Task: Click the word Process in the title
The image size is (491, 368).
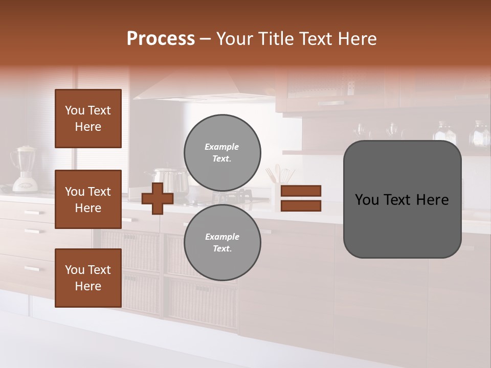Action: [161, 39]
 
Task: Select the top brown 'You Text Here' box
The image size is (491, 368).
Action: [88, 119]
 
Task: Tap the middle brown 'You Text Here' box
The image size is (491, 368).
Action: [88, 199]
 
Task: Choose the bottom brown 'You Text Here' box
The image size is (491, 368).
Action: [88, 278]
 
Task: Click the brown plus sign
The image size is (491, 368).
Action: [157, 198]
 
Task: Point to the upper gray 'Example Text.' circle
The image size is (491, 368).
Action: [222, 153]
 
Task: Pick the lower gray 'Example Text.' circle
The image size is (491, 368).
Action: [222, 243]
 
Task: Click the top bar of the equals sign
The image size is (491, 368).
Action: [301, 191]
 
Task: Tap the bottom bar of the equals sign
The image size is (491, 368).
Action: [301, 206]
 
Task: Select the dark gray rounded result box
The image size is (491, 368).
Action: [402, 199]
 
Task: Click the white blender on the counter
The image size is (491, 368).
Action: [25, 169]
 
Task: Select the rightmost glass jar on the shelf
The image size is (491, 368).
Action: [480, 134]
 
